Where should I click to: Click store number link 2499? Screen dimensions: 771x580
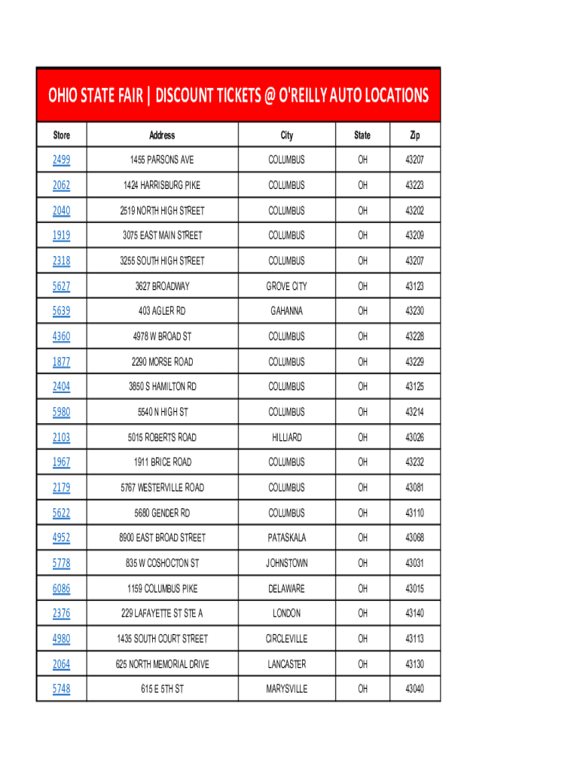61,160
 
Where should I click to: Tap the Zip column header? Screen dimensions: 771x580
414,136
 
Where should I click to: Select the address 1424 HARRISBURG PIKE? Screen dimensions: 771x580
162,185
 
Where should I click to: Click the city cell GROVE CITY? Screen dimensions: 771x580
286,286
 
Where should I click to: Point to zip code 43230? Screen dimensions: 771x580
414,311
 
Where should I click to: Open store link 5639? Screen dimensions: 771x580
61,311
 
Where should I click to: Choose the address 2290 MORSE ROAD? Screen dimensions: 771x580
162,361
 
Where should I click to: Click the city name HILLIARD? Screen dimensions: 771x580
286,437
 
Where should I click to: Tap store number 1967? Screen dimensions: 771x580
61,462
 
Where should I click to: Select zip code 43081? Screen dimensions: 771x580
414,488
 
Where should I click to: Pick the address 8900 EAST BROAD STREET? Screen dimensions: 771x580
162,538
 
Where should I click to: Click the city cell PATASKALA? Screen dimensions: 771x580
286,538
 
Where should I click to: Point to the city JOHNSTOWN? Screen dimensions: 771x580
286,563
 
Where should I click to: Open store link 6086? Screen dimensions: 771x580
61,589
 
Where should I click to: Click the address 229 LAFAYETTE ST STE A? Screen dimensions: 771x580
162,614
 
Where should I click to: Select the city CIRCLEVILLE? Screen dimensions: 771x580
286,639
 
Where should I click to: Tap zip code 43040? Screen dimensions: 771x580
414,689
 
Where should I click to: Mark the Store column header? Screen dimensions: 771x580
61,136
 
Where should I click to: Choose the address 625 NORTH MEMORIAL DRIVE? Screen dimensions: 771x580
162,664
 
